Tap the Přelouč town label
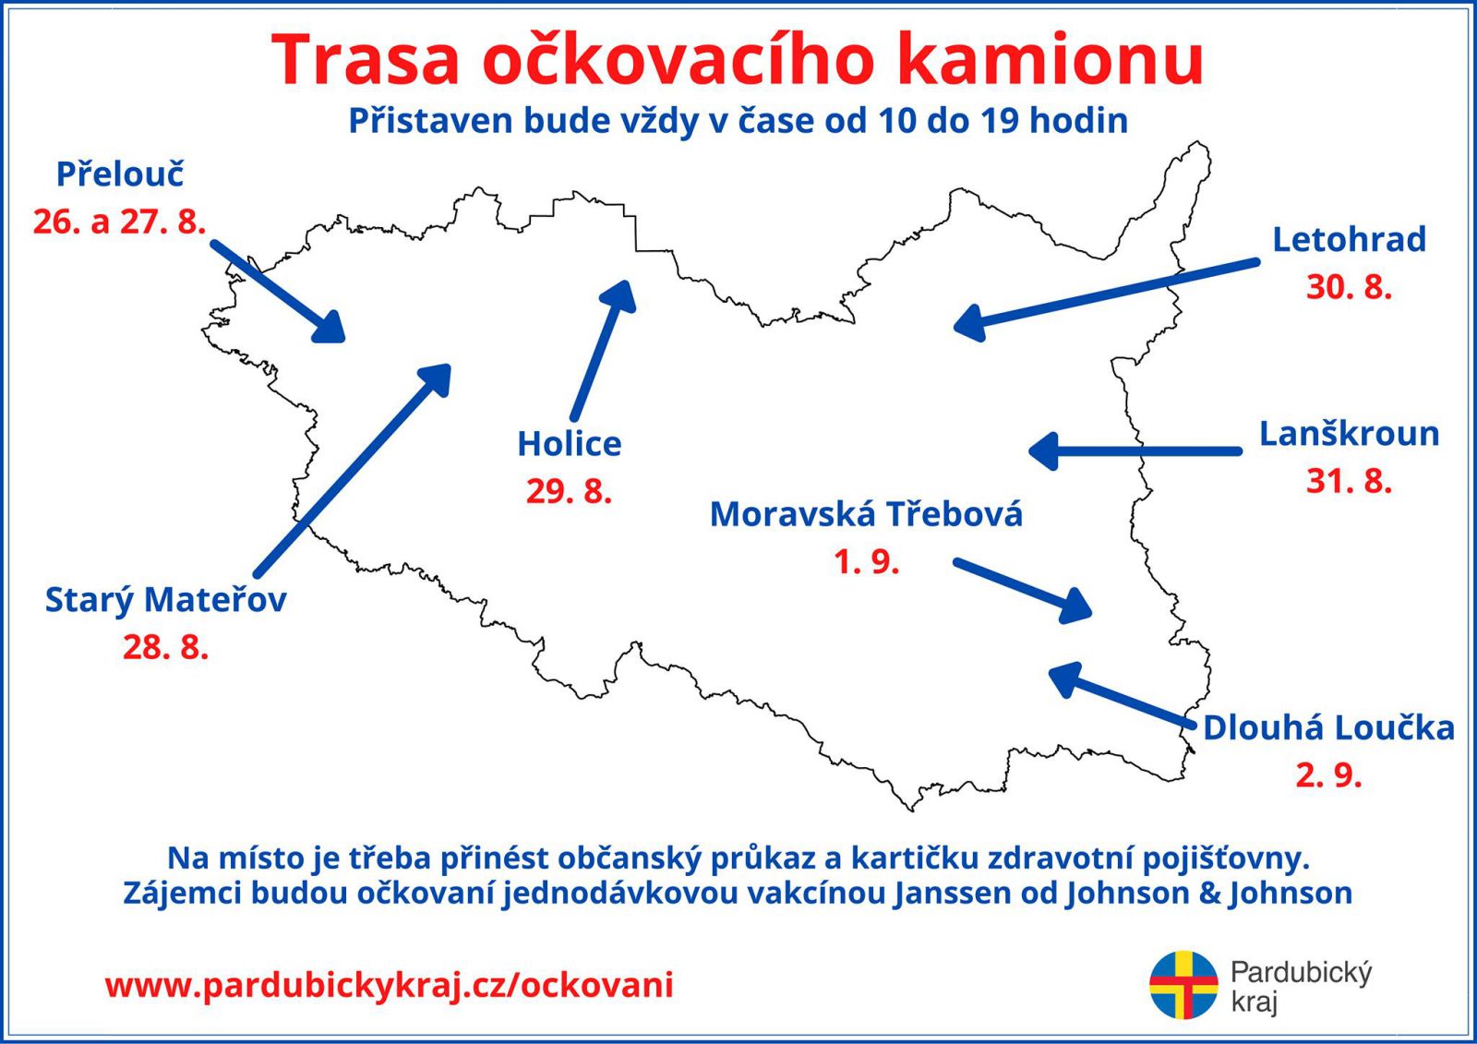point(119,174)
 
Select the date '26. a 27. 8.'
point(119,222)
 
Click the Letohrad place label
point(1349,239)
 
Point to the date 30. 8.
point(1349,287)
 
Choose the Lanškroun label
point(1349,434)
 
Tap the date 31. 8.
point(1349,482)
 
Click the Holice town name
point(569,444)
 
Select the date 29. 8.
point(569,491)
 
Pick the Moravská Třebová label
point(866,514)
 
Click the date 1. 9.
point(866,562)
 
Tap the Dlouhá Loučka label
point(1328,728)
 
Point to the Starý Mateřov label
point(165,601)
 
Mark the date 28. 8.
point(165,647)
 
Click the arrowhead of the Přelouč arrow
point(330,327)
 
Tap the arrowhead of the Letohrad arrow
point(968,323)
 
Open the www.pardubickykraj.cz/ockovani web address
point(389,986)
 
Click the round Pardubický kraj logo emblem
point(1183,985)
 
